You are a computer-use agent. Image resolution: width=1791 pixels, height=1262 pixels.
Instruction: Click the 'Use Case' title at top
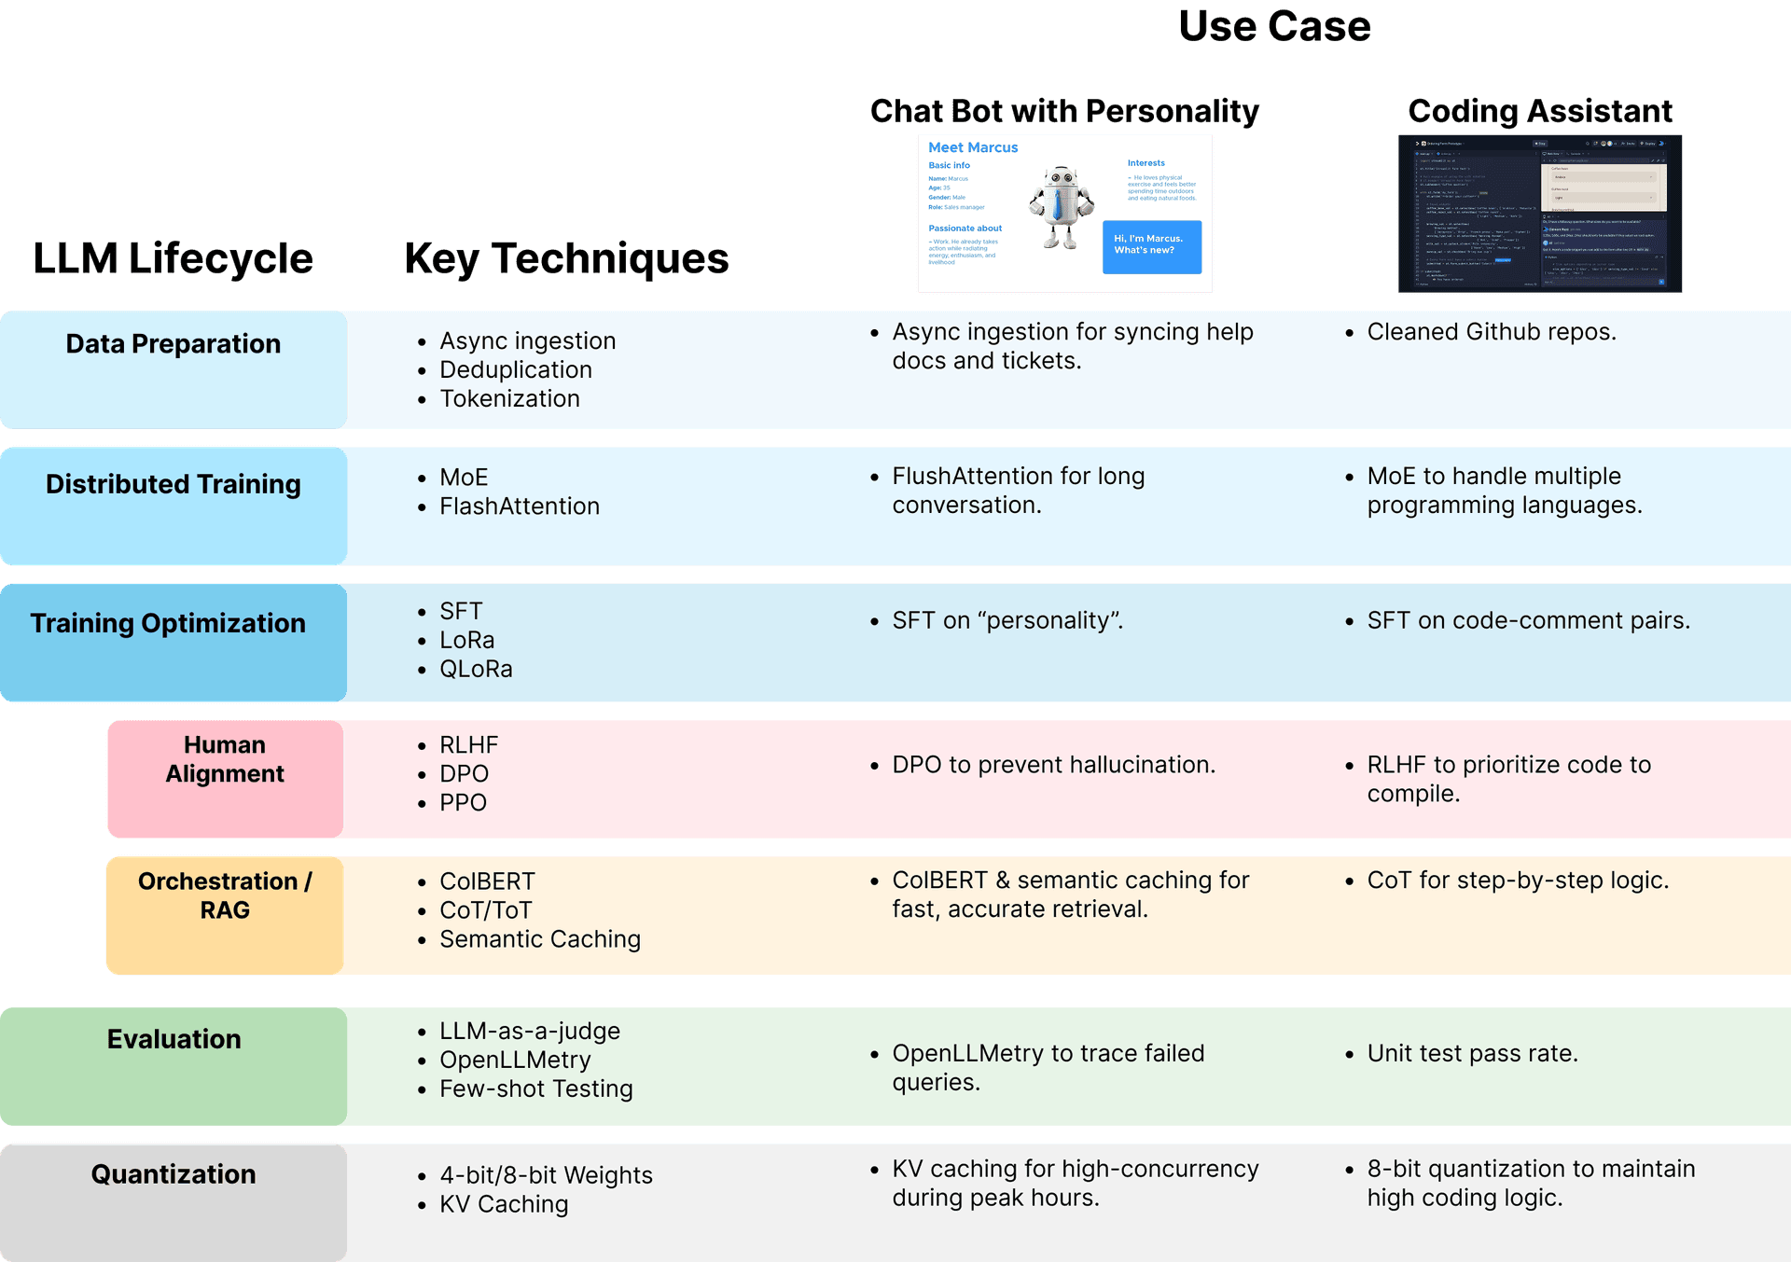[1274, 26]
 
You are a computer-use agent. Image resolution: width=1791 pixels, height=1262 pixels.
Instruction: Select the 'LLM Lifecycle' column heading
[173, 258]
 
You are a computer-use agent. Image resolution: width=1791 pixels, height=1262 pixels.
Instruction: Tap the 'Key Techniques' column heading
[566, 258]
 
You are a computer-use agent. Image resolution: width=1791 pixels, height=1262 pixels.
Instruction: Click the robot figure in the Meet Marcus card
[1061, 207]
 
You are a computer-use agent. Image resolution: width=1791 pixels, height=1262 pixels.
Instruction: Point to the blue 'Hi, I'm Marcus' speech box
[1151, 246]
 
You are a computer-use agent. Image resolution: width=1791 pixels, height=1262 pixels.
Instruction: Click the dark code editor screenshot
[1539, 214]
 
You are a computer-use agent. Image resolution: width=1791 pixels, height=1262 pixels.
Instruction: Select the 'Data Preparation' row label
[173, 344]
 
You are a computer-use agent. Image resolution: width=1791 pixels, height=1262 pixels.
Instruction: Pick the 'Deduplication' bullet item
[515, 370]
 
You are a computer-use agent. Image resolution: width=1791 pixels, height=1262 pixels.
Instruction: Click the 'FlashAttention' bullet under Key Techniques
[519, 506]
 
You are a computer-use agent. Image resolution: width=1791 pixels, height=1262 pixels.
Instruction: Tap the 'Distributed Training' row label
[173, 484]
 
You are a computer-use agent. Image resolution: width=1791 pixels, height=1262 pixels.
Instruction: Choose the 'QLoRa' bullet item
[476, 670]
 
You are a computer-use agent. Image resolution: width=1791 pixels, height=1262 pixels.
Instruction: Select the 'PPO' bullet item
[463, 803]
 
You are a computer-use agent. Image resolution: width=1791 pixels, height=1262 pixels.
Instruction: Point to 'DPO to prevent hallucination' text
[1053, 765]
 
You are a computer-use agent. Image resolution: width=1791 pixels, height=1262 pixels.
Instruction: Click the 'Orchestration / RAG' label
[225, 895]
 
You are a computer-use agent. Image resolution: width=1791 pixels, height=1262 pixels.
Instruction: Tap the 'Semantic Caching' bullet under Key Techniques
[539, 939]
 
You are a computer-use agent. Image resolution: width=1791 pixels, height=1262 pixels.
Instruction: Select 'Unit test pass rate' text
[1472, 1054]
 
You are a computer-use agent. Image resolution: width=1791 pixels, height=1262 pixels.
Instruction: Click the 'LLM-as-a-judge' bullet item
[529, 1032]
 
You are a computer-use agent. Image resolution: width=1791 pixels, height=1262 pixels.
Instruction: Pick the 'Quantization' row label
[173, 1174]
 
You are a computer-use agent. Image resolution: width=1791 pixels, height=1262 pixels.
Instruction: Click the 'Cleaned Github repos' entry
[1491, 332]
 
